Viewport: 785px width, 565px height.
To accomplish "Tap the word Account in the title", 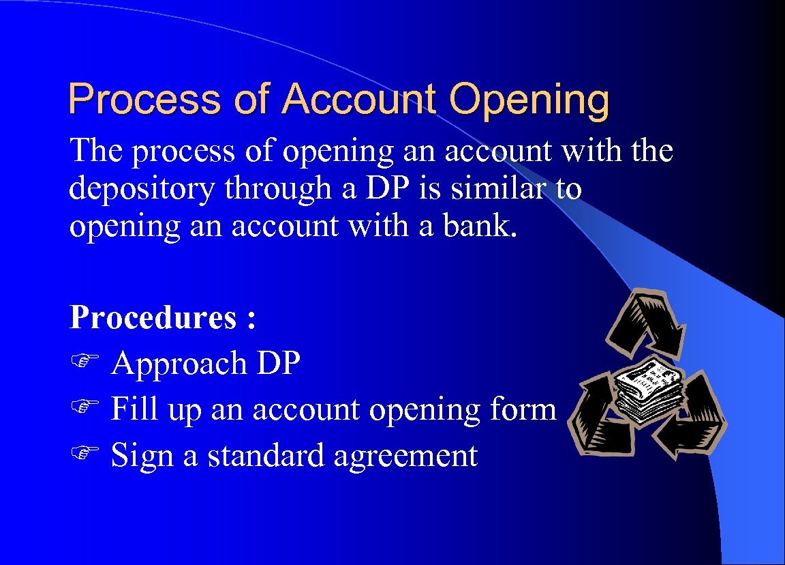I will pyautogui.click(x=358, y=100).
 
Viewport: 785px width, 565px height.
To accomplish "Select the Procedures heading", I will pyautogui.click(x=155, y=318).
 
